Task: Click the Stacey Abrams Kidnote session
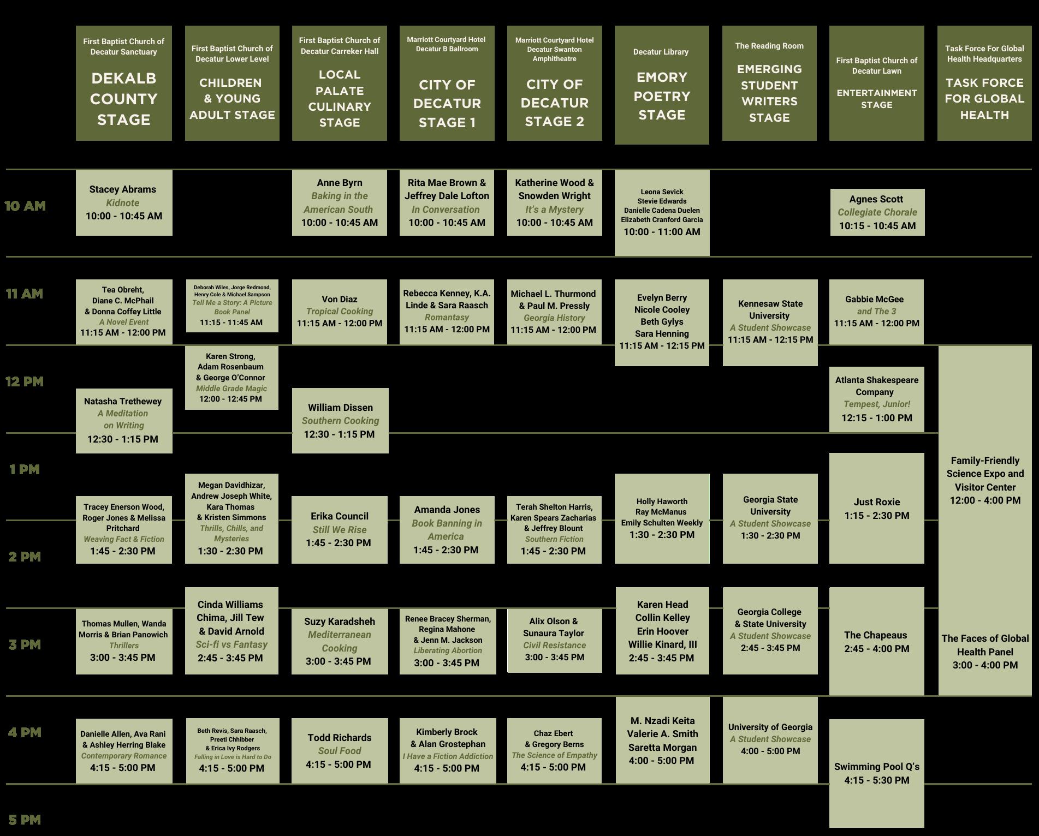[124, 202]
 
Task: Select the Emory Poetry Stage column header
[662, 85]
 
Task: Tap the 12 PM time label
[25, 381]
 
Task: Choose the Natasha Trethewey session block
[124, 420]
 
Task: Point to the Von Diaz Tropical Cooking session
[339, 312]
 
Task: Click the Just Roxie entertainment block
[876, 508]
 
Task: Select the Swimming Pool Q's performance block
[876, 773]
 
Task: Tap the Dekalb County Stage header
[124, 83]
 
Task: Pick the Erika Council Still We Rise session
[339, 529]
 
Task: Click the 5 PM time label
[25, 820]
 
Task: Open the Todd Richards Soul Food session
[339, 751]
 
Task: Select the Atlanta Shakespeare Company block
[876, 399]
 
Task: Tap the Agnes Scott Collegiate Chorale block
[877, 212]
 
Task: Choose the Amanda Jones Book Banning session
[447, 529]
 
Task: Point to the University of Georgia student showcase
[770, 739]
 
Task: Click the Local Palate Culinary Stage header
[339, 83]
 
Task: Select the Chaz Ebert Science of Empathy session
[554, 750]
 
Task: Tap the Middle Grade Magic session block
[231, 377]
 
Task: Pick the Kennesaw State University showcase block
[770, 322]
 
